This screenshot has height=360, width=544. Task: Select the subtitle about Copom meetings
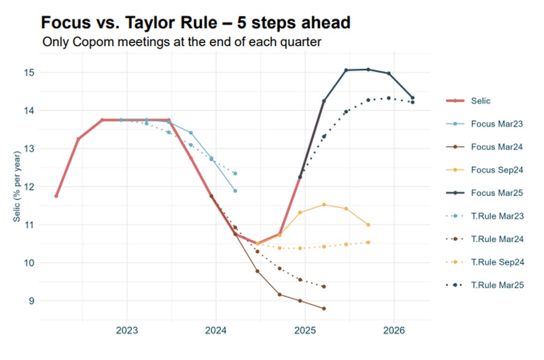pyautogui.click(x=182, y=41)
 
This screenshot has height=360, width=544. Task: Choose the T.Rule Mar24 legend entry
pyautogui.click(x=496, y=239)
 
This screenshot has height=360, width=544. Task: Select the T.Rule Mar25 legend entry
pyautogui.click(x=496, y=285)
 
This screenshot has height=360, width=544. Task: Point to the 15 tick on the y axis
pyautogui.click(x=29, y=72)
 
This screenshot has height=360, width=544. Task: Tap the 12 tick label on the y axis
pyautogui.click(x=29, y=187)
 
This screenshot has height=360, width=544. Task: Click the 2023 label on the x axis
pyautogui.click(x=127, y=331)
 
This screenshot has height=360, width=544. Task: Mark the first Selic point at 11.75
pyautogui.click(x=56, y=196)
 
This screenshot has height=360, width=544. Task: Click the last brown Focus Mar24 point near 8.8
pyautogui.click(x=323, y=309)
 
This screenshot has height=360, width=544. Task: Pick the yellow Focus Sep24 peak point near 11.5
pyautogui.click(x=323, y=205)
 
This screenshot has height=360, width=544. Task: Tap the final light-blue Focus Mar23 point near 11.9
pyautogui.click(x=235, y=191)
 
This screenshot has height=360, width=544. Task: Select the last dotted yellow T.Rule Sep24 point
pyautogui.click(x=368, y=242)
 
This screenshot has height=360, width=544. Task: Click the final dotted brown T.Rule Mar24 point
pyautogui.click(x=323, y=286)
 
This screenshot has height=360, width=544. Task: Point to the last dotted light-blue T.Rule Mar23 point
pyautogui.click(x=235, y=174)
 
